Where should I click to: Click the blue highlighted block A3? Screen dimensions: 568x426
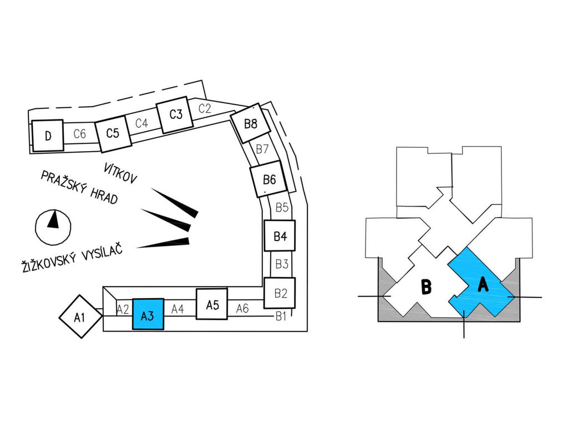[x=148, y=314]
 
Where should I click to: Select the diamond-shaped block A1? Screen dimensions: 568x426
[x=80, y=317]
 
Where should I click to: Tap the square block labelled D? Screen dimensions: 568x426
[x=48, y=136]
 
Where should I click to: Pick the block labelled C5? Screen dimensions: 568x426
[x=113, y=133]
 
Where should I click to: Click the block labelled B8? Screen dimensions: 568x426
[x=251, y=123]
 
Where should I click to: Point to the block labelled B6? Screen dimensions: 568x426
[x=269, y=179]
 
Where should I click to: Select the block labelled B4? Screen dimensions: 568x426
[x=280, y=235]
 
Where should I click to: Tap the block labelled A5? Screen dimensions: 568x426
[x=212, y=304]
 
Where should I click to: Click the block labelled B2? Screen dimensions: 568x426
[x=280, y=293]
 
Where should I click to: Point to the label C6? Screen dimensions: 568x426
[x=80, y=134]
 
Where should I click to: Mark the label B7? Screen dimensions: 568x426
[x=262, y=149]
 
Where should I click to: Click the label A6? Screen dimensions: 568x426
[x=242, y=308]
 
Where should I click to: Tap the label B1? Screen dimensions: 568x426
[x=281, y=317]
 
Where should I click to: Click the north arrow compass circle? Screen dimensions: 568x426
[x=53, y=227]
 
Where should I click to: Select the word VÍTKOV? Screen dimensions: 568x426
[x=120, y=173]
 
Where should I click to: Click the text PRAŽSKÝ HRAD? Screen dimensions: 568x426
[x=79, y=187]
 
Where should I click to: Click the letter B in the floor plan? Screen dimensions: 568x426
[x=427, y=286]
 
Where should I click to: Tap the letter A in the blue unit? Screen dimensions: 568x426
[x=483, y=284]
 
